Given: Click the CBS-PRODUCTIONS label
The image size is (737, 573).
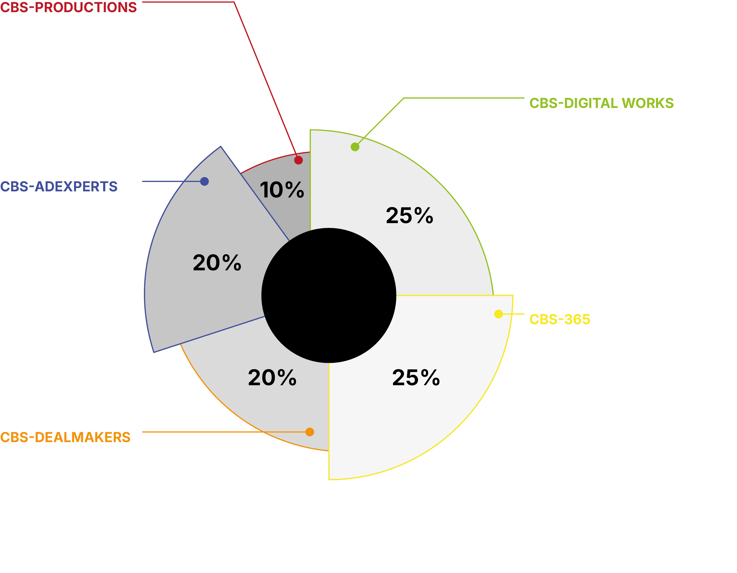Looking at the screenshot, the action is pyautogui.click(x=68, y=7).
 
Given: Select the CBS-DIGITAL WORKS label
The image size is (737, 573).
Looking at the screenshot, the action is pyautogui.click(x=601, y=103).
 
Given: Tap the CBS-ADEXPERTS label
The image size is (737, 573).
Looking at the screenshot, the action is pyautogui.click(x=59, y=186).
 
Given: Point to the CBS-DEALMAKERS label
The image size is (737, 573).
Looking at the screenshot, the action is pyautogui.click(x=65, y=437).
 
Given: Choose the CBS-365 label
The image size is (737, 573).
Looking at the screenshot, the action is pyautogui.click(x=559, y=319).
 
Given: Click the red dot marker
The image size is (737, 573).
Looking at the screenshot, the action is pyautogui.click(x=298, y=160).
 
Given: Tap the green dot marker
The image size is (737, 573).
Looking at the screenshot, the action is pyautogui.click(x=355, y=147).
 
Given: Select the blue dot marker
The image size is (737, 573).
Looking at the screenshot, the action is pyautogui.click(x=204, y=181).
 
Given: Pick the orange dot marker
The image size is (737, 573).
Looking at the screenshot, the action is pyautogui.click(x=309, y=432).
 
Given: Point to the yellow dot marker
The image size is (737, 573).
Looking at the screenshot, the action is pyautogui.click(x=498, y=314).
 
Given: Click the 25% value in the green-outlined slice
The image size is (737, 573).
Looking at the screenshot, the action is pyautogui.click(x=409, y=216).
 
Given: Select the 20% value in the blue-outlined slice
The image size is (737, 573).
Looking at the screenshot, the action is pyautogui.click(x=217, y=263).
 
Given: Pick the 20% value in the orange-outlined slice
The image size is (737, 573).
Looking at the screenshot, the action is pyautogui.click(x=272, y=377).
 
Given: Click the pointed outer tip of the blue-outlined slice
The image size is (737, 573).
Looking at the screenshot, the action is pyautogui.click(x=221, y=146).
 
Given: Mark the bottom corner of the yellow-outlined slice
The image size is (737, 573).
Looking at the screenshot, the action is pyautogui.click(x=329, y=479).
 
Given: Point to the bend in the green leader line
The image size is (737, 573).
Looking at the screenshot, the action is pyautogui.click(x=404, y=98).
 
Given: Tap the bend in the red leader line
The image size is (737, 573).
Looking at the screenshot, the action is pyautogui.click(x=234, y=2).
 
